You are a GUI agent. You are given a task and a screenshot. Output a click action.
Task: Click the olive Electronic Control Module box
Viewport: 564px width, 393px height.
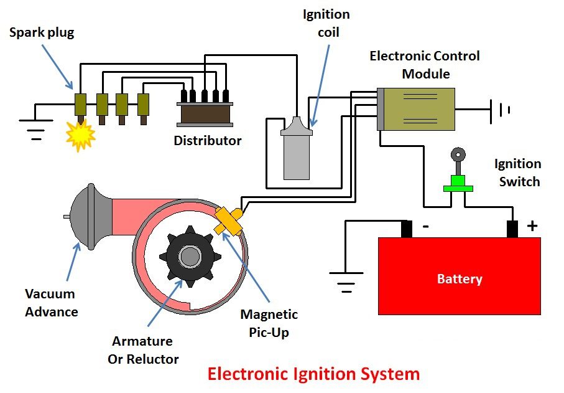pyautogui.click(x=420, y=109)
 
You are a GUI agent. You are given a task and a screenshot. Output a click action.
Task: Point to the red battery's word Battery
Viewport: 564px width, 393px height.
pyautogui.click(x=459, y=279)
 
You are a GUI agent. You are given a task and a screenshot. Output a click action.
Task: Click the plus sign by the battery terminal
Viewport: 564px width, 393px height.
pyautogui.click(x=532, y=225)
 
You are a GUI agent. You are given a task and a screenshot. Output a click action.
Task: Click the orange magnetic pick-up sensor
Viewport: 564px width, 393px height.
pyautogui.click(x=228, y=220)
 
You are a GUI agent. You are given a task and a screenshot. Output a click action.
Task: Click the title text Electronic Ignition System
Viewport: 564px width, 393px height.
pyautogui.click(x=313, y=374)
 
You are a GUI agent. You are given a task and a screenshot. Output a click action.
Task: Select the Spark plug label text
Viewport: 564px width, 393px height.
pyautogui.click(x=42, y=32)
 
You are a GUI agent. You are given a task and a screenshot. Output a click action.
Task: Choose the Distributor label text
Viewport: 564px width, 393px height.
pyautogui.click(x=207, y=140)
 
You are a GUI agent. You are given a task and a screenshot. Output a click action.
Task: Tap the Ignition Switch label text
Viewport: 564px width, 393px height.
pyautogui.click(x=517, y=173)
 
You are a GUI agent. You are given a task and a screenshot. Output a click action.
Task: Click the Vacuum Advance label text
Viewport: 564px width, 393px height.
pyautogui.click(x=50, y=302)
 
